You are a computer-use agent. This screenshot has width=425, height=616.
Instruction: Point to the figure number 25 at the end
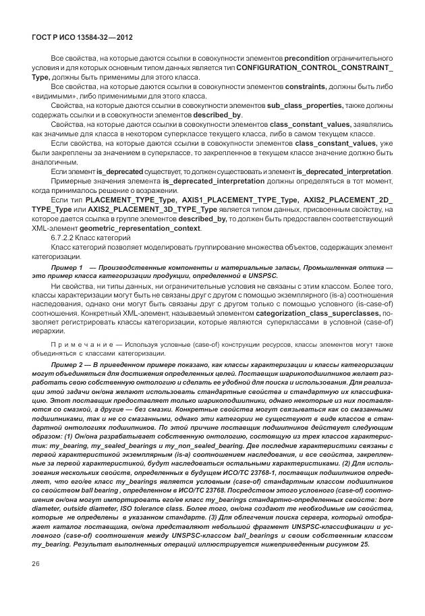pos(364,544)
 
